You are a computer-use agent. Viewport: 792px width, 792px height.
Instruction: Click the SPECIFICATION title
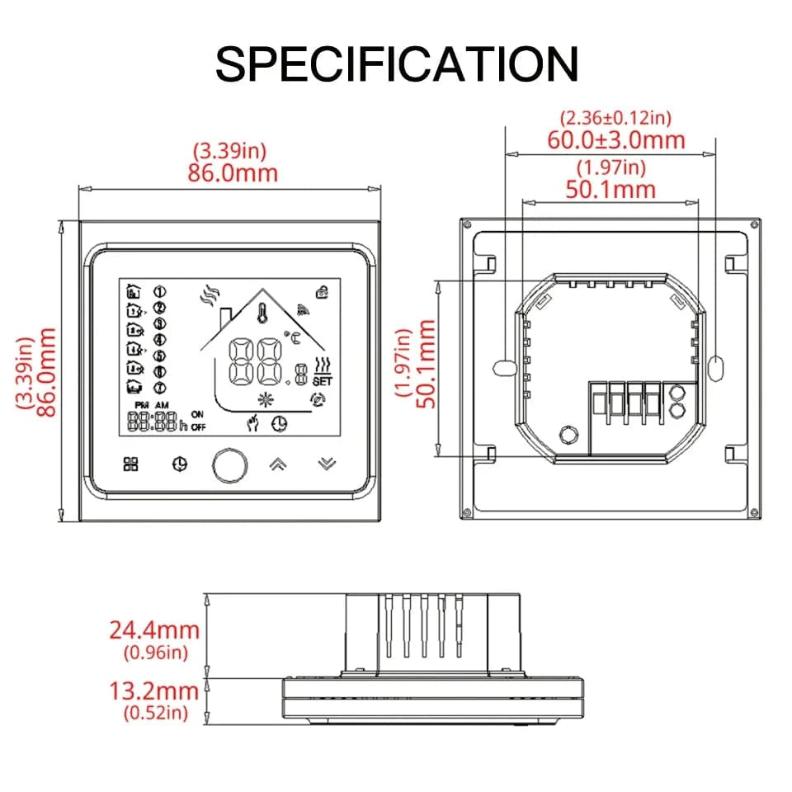pos(396,64)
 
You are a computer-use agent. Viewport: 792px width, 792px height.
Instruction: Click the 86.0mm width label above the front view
pos(235,173)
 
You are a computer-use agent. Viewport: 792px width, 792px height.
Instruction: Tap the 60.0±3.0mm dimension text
pos(616,139)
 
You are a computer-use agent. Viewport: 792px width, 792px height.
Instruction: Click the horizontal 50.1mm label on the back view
pos(610,189)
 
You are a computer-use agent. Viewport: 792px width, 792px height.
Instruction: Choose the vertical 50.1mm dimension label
pos(425,364)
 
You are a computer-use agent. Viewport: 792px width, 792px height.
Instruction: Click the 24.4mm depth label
pos(154,630)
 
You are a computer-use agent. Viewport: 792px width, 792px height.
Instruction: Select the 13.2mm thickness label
pos(154,691)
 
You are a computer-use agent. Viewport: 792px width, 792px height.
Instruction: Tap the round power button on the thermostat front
pos(229,464)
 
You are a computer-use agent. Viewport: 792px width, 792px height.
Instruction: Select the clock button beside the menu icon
pos(179,464)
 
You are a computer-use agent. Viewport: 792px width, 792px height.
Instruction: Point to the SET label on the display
pos(323,381)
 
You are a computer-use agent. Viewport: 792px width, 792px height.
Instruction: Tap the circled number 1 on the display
pos(159,291)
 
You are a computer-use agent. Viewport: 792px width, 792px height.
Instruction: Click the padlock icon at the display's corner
pos(321,290)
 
